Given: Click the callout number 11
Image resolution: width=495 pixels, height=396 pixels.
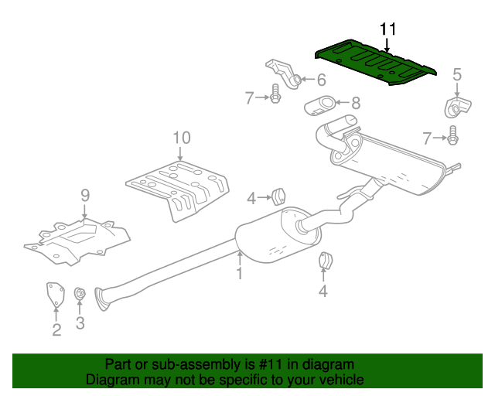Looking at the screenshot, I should tap(387, 29).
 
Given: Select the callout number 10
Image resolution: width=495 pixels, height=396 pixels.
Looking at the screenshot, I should tap(181, 138).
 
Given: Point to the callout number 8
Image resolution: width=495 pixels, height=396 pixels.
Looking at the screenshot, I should tap(356, 101).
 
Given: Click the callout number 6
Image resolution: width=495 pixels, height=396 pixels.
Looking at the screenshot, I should tap(321, 79).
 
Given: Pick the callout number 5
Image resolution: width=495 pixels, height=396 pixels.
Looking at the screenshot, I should tap(456, 74).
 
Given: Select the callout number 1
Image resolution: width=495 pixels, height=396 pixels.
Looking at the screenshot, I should tap(240, 273).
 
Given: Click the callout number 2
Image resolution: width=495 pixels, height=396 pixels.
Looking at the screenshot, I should tap(56, 331).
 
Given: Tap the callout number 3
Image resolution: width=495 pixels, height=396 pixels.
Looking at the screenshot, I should tap(80, 323).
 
